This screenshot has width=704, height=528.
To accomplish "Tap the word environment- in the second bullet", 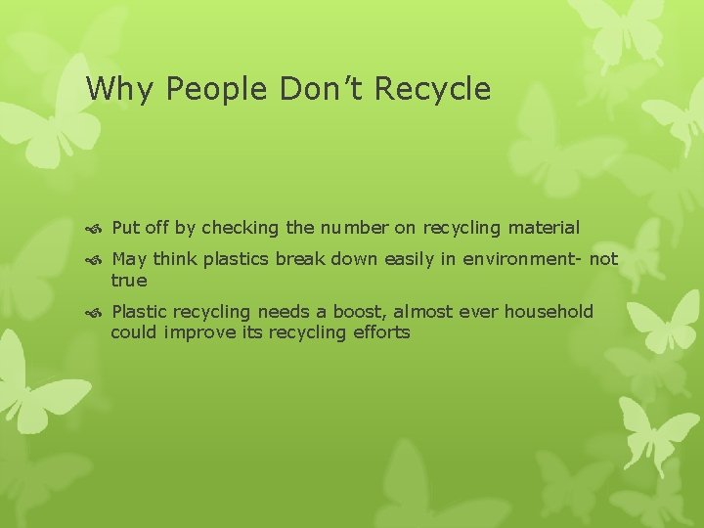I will click(509, 260).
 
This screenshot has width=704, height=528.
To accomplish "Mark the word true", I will click(129, 282).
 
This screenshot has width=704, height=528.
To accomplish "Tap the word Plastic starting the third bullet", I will click(141, 312).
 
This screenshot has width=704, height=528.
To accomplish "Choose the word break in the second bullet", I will click(301, 260).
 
